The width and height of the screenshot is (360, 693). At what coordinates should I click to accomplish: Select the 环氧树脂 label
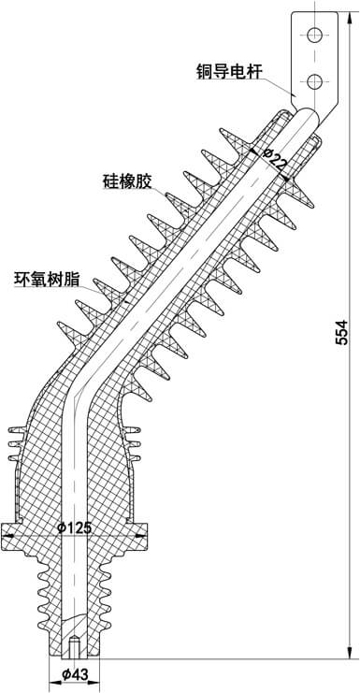[50, 278]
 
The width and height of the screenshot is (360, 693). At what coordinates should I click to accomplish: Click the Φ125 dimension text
[74, 528]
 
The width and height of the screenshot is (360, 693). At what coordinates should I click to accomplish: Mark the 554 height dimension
[341, 332]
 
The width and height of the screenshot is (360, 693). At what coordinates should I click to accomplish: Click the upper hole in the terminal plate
[315, 36]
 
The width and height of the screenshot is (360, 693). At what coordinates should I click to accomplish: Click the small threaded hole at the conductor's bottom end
[73, 646]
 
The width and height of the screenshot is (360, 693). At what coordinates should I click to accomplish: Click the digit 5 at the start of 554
[341, 343]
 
